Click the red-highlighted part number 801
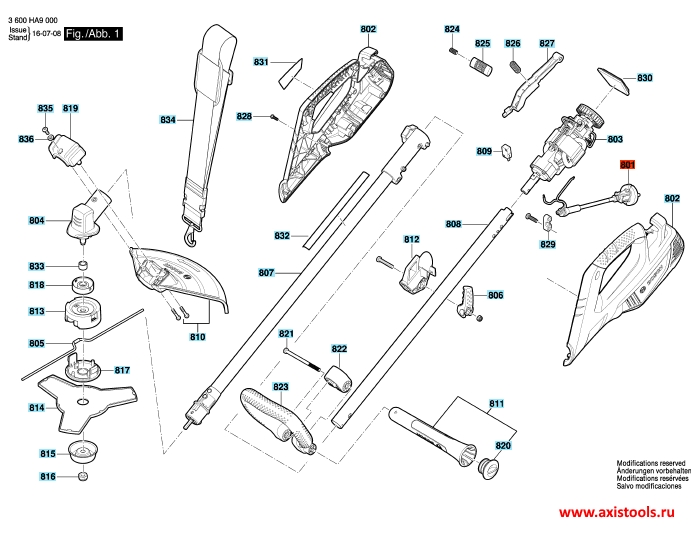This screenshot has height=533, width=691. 627,164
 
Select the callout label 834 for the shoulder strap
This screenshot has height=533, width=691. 167,119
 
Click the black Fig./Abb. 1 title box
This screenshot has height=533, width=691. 93,34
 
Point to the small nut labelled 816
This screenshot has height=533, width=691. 82,476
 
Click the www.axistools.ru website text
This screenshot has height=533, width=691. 617,512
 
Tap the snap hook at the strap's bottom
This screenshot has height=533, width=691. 191,234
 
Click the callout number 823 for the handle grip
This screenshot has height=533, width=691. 280,387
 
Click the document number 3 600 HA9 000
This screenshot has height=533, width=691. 33,20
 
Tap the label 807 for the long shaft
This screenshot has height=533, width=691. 266,273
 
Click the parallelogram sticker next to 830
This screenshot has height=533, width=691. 613,81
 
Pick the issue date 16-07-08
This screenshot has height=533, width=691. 47,34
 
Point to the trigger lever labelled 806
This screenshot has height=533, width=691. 465,301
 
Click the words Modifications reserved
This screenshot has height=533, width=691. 651,463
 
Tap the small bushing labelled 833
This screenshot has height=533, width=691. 83,266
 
